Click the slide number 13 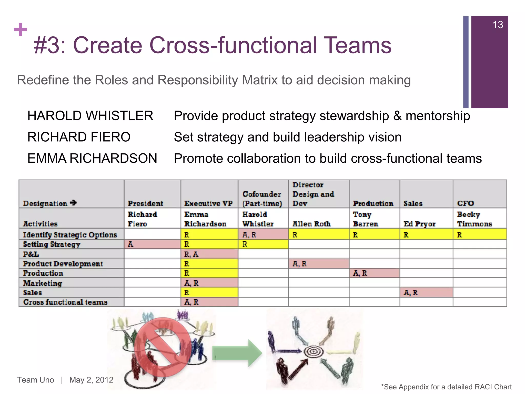coord(498,25)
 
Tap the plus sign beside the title coord(21,29)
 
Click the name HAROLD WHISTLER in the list coord(90,116)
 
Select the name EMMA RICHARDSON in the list coord(92,158)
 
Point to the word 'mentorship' coord(438,116)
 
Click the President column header coord(145,203)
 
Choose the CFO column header coord(466,203)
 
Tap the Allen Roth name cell coord(311,224)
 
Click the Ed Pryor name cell coord(419,224)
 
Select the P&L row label coord(31,254)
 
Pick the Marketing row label coord(43,283)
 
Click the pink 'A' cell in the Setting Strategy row coord(152,244)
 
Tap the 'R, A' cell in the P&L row coord(209,254)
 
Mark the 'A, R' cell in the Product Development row coord(318,264)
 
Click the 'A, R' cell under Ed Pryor coord(426,293)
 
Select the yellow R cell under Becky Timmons coord(479,235)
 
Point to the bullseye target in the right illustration coord(313,351)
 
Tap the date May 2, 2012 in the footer coord(91,380)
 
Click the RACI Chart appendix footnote coord(446,387)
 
